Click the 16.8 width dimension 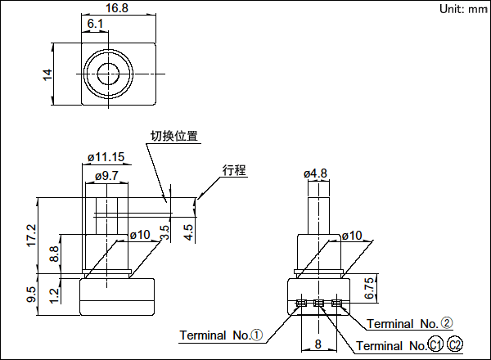pyautogui.click(x=118, y=8)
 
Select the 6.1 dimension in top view pyautogui.click(x=95, y=25)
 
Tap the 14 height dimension pyautogui.click(x=47, y=74)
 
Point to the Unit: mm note pyautogui.click(x=463, y=9)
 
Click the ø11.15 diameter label pyautogui.click(x=106, y=157)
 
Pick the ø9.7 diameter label pyautogui.click(x=106, y=175)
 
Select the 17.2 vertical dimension pyautogui.click(x=32, y=235)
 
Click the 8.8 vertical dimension pyautogui.click(x=54, y=254)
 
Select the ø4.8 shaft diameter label pyautogui.click(x=315, y=173)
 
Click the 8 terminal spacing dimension pyautogui.click(x=318, y=344)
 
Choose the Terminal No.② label pyautogui.click(x=410, y=324)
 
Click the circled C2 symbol pyautogui.click(x=455, y=345)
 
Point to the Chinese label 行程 pyautogui.click(x=234, y=170)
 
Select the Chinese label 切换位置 pyautogui.click(x=173, y=137)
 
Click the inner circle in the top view pyautogui.click(x=106, y=74)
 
